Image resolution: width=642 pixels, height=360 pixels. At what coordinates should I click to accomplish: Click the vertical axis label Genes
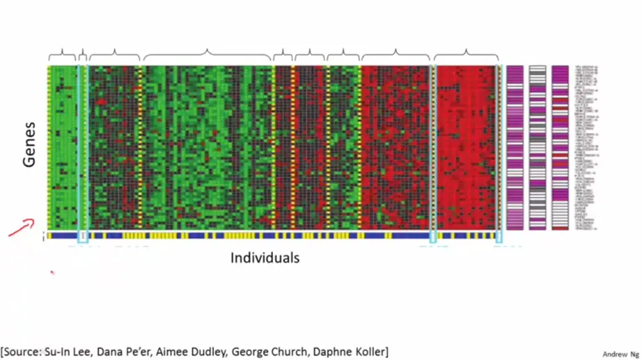[29, 150]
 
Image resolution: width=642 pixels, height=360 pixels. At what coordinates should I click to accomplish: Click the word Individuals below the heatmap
[265, 258]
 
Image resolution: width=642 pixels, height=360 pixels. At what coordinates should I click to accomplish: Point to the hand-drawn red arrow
[21, 228]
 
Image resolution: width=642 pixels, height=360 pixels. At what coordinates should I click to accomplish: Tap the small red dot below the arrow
[52, 272]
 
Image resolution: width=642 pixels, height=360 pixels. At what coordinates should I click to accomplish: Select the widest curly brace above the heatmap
[207, 54]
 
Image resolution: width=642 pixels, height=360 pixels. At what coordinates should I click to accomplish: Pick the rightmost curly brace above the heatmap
[466, 54]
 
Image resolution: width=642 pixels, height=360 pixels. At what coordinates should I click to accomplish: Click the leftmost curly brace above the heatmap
[62, 54]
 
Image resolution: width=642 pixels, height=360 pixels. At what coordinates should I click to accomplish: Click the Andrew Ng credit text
[620, 354]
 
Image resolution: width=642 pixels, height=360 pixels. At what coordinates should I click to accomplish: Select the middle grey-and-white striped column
[538, 148]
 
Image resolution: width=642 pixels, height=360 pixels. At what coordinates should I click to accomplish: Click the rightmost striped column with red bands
[560, 148]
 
